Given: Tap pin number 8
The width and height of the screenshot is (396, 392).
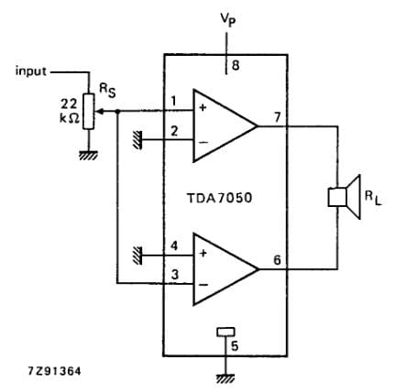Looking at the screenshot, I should tap(235, 65).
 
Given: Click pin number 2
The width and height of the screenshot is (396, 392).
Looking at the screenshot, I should tap(174, 131).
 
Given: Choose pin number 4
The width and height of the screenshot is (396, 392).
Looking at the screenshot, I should tap(174, 245).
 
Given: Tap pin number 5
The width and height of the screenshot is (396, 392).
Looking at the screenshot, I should tap(236, 345).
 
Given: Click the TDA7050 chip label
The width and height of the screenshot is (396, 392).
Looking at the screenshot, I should tap(225, 196).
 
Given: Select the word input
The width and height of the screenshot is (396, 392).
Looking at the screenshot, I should tap(30, 70).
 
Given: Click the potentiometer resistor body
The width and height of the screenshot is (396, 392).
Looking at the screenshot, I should tap(89, 111).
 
